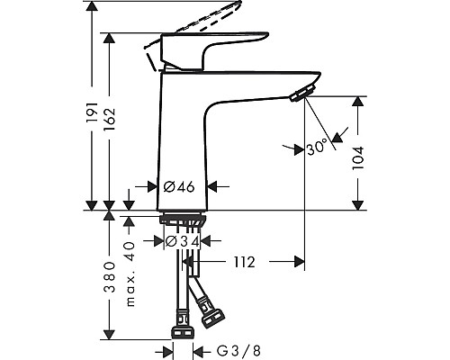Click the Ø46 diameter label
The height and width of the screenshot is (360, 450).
[x=180, y=187]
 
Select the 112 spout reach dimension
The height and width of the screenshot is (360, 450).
[x=243, y=263]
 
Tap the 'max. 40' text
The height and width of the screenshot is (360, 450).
[x=130, y=271]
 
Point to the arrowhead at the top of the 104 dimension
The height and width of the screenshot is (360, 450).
[x=360, y=100]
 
